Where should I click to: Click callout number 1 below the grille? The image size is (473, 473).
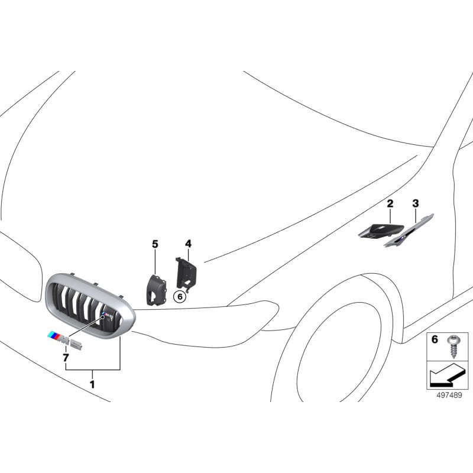[92, 384]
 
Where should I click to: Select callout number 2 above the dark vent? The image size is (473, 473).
[390, 204]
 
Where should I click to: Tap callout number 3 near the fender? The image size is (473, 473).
[416, 204]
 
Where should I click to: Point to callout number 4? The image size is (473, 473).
[188, 244]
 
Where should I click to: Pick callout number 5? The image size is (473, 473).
[155, 244]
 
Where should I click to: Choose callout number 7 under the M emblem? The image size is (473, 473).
[66, 358]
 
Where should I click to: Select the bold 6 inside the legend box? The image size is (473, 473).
[434, 340]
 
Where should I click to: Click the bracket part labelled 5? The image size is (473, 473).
[155, 290]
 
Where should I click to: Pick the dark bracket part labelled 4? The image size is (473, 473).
[187, 273]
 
